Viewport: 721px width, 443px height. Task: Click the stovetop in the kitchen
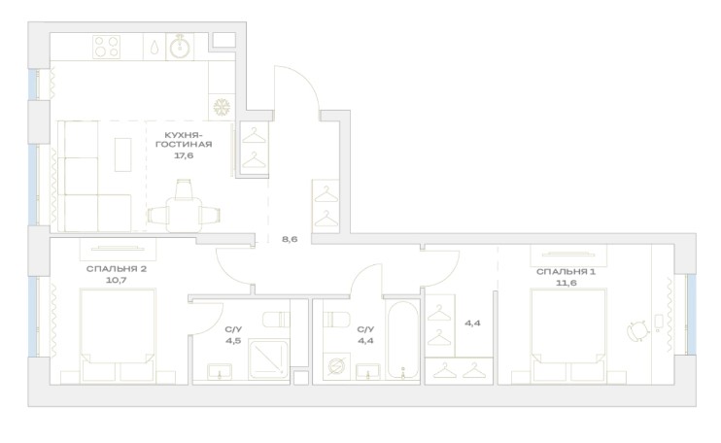(x=107, y=47)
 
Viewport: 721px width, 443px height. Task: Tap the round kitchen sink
(x=181, y=47)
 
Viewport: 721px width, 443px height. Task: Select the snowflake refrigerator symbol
(x=222, y=107)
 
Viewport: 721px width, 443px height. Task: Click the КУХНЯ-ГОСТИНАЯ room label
(x=184, y=140)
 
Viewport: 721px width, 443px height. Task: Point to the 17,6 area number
(x=184, y=155)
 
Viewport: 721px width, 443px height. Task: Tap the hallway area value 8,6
(x=290, y=239)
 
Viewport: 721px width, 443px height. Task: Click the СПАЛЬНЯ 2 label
(x=117, y=269)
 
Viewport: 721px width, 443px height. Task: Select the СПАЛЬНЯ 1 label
(x=566, y=272)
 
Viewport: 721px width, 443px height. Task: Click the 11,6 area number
(x=566, y=283)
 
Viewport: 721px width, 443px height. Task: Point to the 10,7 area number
(x=117, y=280)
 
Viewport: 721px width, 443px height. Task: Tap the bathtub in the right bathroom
(x=403, y=340)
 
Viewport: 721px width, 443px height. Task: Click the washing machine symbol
(x=336, y=366)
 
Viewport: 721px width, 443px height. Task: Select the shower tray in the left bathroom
(x=268, y=359)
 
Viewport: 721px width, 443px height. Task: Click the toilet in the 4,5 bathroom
(x=276, y=319)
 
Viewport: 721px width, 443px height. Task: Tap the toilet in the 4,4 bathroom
(x=336, y=319)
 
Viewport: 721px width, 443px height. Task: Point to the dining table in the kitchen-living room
(x=184, y=214)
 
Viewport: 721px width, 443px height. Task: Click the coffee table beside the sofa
(x=122, y=154)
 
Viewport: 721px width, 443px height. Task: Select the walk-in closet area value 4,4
(x=472, y=324)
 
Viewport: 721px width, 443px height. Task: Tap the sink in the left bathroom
(x=220, y=371)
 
